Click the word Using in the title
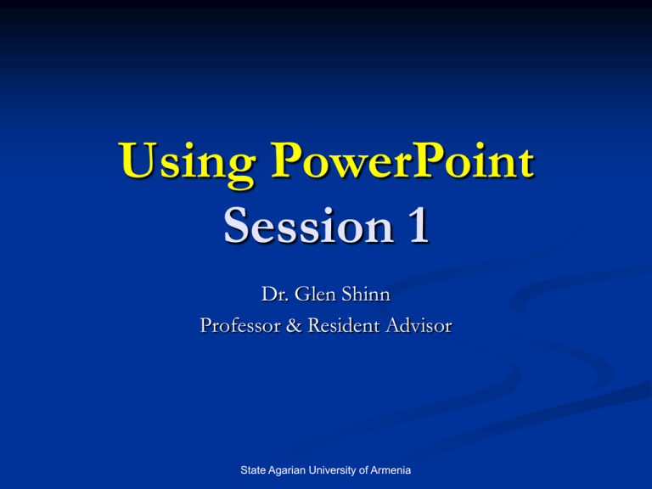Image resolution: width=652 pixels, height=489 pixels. (187, 163)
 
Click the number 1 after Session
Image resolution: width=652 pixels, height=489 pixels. (419, 225)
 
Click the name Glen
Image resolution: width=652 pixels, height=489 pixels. (315, 294)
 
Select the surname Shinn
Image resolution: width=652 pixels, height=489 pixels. (366, 294)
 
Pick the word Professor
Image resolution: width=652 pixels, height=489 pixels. (240, 325)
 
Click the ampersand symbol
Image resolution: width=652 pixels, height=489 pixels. (294, 325)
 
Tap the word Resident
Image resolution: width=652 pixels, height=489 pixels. (344, 325)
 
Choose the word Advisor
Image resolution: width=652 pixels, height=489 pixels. (419, 325)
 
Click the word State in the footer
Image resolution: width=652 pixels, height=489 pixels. (253, 470)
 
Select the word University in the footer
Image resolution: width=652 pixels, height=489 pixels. (332, 471)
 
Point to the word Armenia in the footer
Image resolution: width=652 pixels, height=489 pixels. (391, 470)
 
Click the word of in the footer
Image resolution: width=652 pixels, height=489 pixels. (363, 470)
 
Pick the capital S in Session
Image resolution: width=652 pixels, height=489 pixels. (237, 225)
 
